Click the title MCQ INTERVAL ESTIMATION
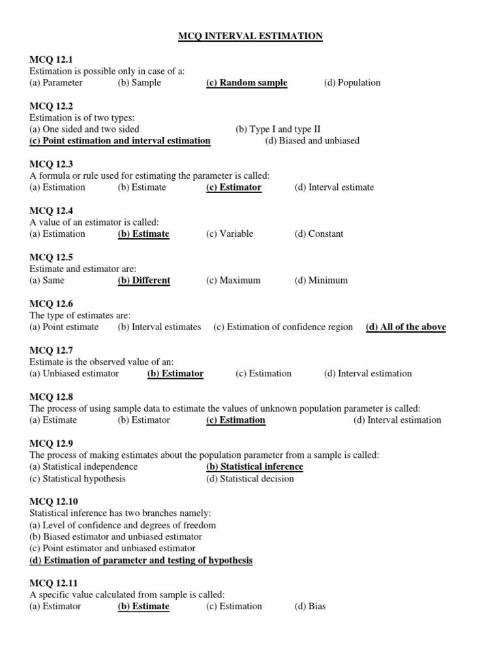coord(250,37)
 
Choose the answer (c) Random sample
coord(247,83)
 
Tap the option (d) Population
coord(352,83)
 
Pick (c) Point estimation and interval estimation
coord(120,141)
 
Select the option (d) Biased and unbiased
coord(312,141)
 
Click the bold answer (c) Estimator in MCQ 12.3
coord(234,187)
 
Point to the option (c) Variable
coord(230,234)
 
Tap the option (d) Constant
coord(318,234)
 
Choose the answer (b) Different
coord(144,281)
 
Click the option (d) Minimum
coord(321,281)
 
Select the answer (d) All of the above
coord(406,327)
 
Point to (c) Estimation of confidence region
coord(283,327)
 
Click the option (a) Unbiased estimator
coord(74,374)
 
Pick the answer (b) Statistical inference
coord(254,467)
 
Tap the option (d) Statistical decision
coord(250,479)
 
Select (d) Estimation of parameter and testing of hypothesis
coord(141,560)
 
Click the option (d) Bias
coord(310,607)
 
